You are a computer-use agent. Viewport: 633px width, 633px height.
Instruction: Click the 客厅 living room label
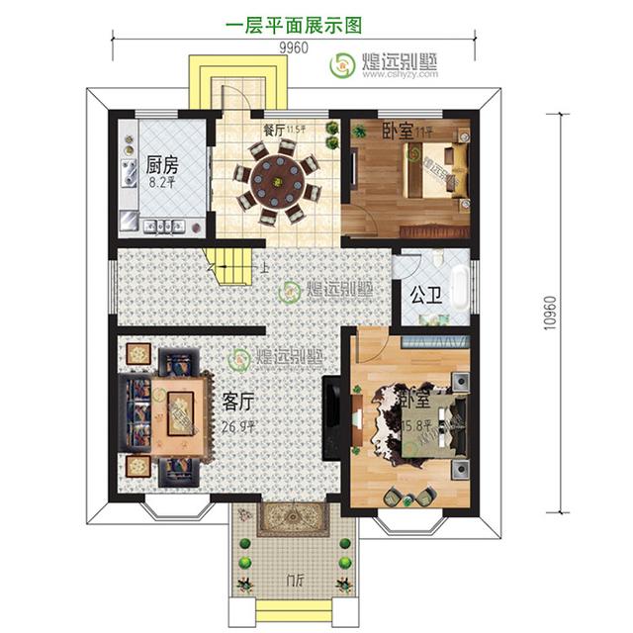pyautogui.click(x=238, y=403)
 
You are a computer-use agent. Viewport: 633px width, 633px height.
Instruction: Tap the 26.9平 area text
pyautogui.click(x=239, y=427)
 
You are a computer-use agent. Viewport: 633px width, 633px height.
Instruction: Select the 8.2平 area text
pyautogui.click(x=161, y=182)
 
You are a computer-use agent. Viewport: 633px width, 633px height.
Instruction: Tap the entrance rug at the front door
pyautogui.click(x=294, y=520)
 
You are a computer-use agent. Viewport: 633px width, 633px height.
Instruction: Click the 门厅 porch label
pyautogui.click(x=293, y=580)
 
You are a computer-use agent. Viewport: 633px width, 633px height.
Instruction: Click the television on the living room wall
pyautogui.click(x=336, y=407)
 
